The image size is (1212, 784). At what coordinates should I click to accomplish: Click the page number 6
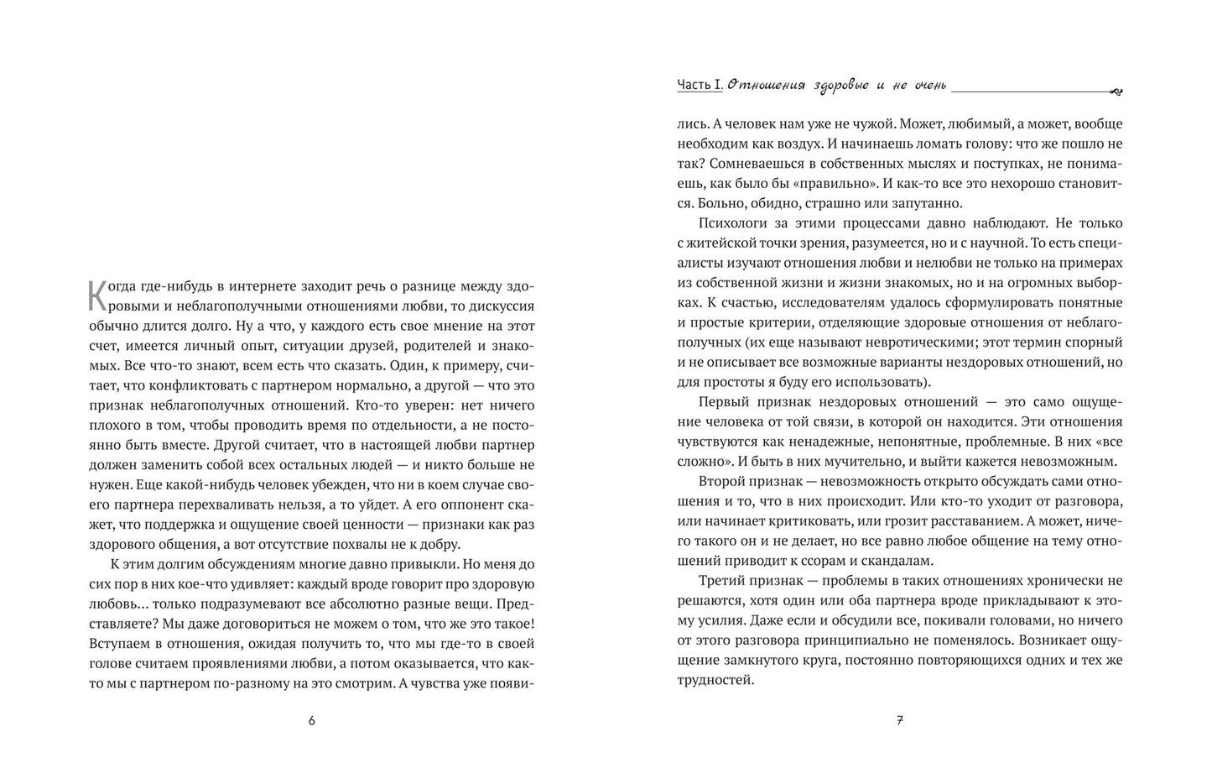coord(311,720)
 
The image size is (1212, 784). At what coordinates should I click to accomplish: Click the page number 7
coord(900,720)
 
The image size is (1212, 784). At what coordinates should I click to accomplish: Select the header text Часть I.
coord(700,85)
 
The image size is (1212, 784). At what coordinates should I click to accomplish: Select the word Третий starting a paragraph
coord(725,580)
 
